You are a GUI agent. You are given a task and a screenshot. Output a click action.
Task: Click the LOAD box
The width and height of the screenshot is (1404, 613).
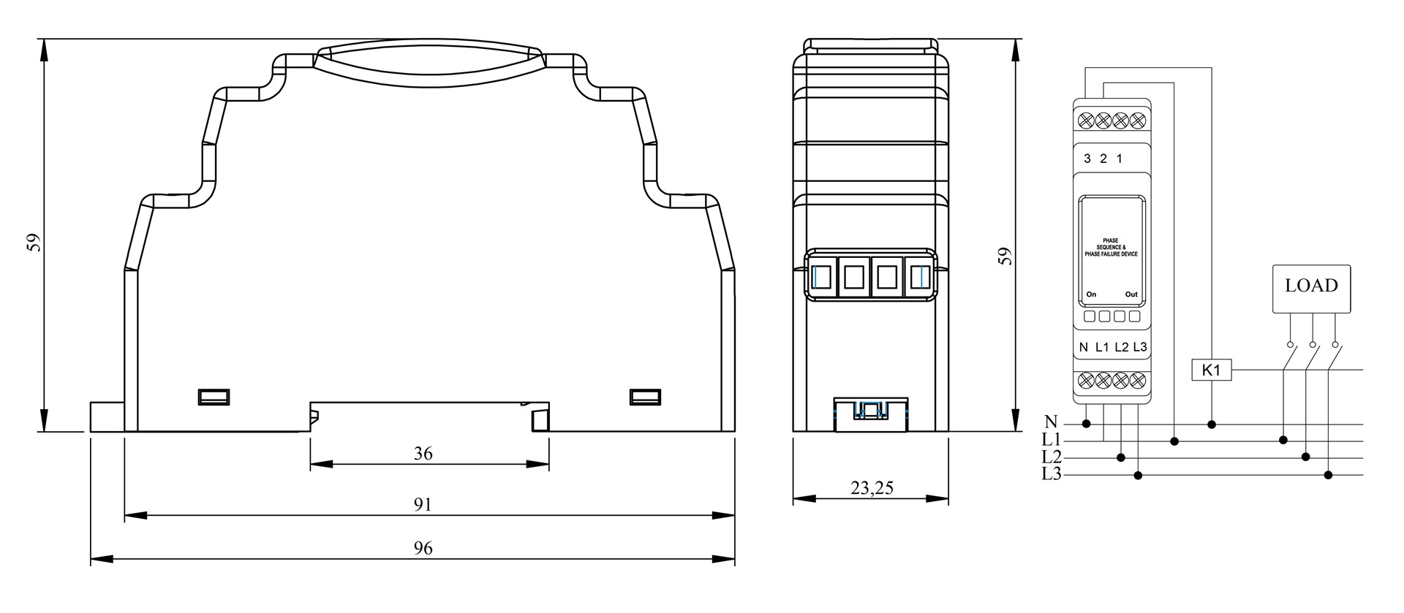(1312, 289)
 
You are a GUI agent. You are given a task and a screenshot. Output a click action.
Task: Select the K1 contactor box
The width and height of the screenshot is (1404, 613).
(1212, 370)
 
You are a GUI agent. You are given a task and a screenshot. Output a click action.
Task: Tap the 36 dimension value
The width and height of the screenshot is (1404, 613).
(423, 454)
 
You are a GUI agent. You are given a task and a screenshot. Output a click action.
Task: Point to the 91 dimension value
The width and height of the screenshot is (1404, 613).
(423, 505)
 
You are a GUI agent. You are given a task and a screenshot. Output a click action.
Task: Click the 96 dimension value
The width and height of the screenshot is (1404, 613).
(423, 549)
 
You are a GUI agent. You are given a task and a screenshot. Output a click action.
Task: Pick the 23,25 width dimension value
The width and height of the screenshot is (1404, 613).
(872, 488)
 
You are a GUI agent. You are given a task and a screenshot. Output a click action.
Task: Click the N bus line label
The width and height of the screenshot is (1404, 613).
(1052, 422)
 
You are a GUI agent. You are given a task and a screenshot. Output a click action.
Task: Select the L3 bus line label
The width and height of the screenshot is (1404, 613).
(1052, 475)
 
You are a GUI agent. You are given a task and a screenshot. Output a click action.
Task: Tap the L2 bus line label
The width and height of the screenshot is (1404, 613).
(1052, 457)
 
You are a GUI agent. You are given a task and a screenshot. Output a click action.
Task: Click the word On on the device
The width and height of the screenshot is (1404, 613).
(1091, 294)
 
